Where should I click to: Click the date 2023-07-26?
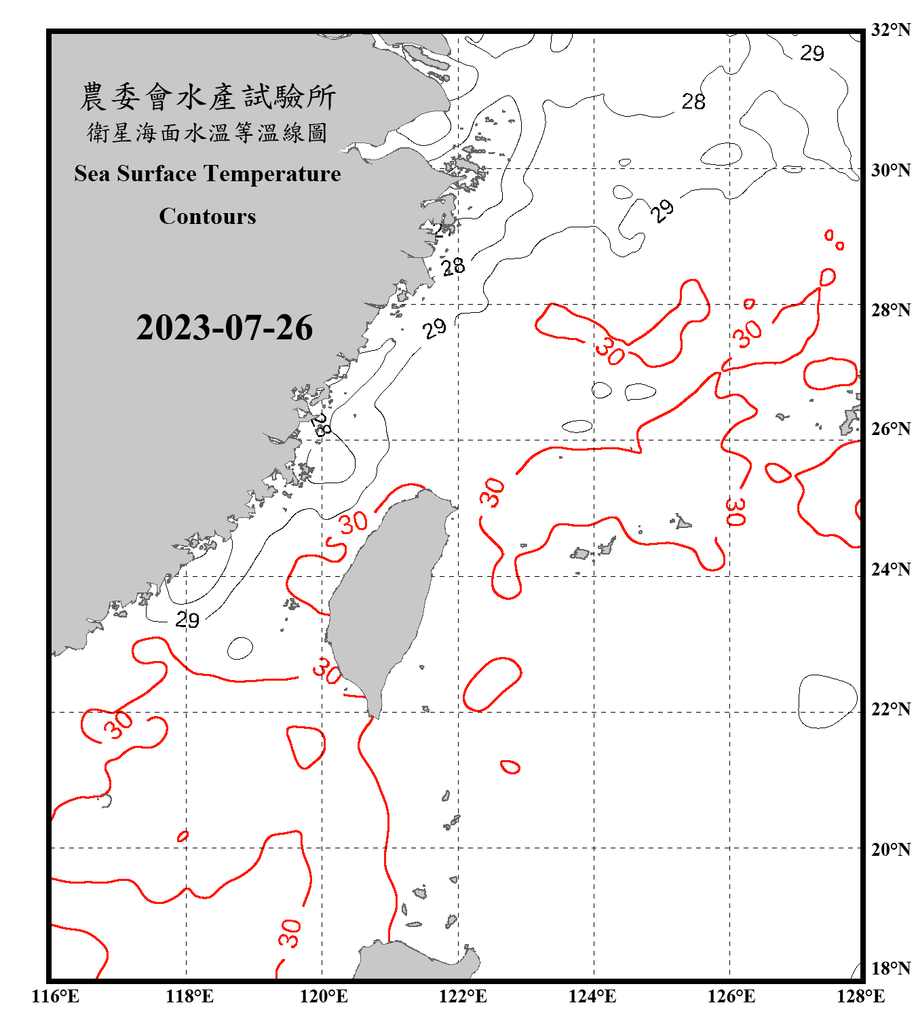(x=224, y=328)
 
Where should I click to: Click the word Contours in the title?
(x=208, y=216)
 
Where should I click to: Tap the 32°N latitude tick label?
(x=890, y=30)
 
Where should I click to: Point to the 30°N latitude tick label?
(x=890, y=170)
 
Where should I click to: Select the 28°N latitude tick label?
(x=890, y=310)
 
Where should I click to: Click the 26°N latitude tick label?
(x=890, y=429)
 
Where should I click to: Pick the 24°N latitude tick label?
(x=890, y=569)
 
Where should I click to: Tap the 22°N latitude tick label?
(x=890, y=709)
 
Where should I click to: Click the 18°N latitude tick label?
(x=890, y=968)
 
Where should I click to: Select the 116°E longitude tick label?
(x=56, y=997)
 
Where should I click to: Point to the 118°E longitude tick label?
(x=189, y=997)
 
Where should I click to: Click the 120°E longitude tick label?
(x=324, y=997)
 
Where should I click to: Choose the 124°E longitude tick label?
(x=592, y=997)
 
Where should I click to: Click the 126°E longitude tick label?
(x=731, y=997)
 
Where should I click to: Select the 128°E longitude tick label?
(x=860, y=997)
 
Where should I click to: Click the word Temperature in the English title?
(x=271, y=174)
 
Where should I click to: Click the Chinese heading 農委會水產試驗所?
(x=208, y=97)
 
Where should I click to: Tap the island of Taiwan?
(x=387, y=597)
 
